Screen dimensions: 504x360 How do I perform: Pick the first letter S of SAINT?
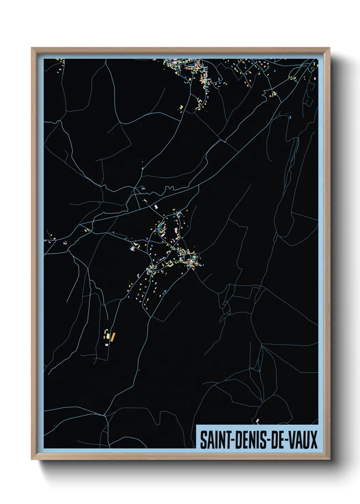coord(203,440)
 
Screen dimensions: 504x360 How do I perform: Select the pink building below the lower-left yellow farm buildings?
coord(107,345)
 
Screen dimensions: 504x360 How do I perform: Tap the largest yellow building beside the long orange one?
coord(108,336)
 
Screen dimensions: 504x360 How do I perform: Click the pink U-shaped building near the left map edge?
coord(65,243)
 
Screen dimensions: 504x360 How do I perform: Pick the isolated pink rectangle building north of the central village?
coord(157,207)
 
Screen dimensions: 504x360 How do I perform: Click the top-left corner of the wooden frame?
coord(32,48)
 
